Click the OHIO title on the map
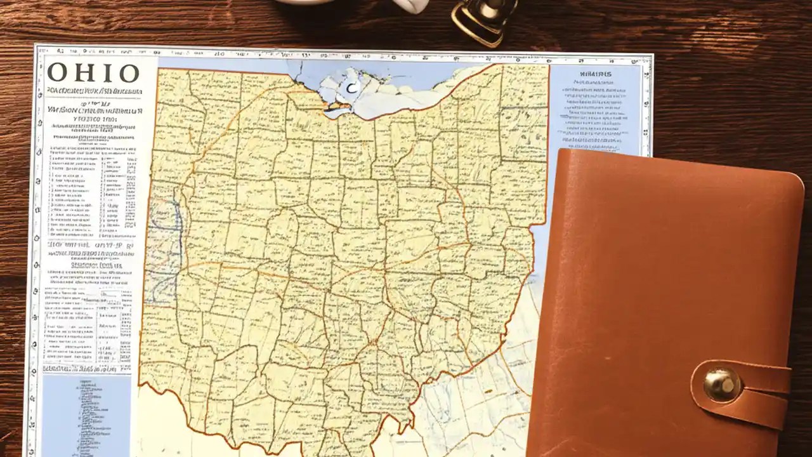[x=93, y=73]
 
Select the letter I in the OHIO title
[x=105, y=73]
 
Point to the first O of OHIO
[x=58, y=73]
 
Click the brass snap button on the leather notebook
[x=722, y=385]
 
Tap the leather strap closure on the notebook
[x=749, y=390]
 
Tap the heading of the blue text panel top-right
[x=596, y=74]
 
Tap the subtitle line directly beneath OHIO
[x=93, y=91]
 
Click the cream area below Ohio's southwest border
[x=165, y=419]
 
